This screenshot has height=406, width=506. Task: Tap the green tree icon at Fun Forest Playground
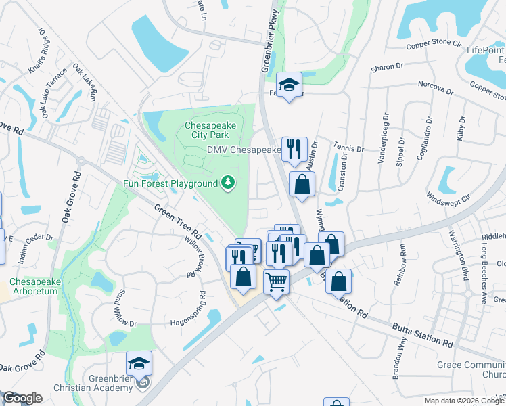tap(229, 182)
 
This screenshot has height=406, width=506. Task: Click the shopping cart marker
tap(276, 280)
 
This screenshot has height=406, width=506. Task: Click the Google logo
tap(22, 398)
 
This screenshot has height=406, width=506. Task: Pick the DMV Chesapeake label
tap(244, 150)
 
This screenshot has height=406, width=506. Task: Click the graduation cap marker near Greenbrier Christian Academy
tap(139, 363)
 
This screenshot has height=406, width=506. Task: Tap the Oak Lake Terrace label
tap(54, 91)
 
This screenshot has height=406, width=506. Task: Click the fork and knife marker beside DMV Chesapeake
tap(294, 149)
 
